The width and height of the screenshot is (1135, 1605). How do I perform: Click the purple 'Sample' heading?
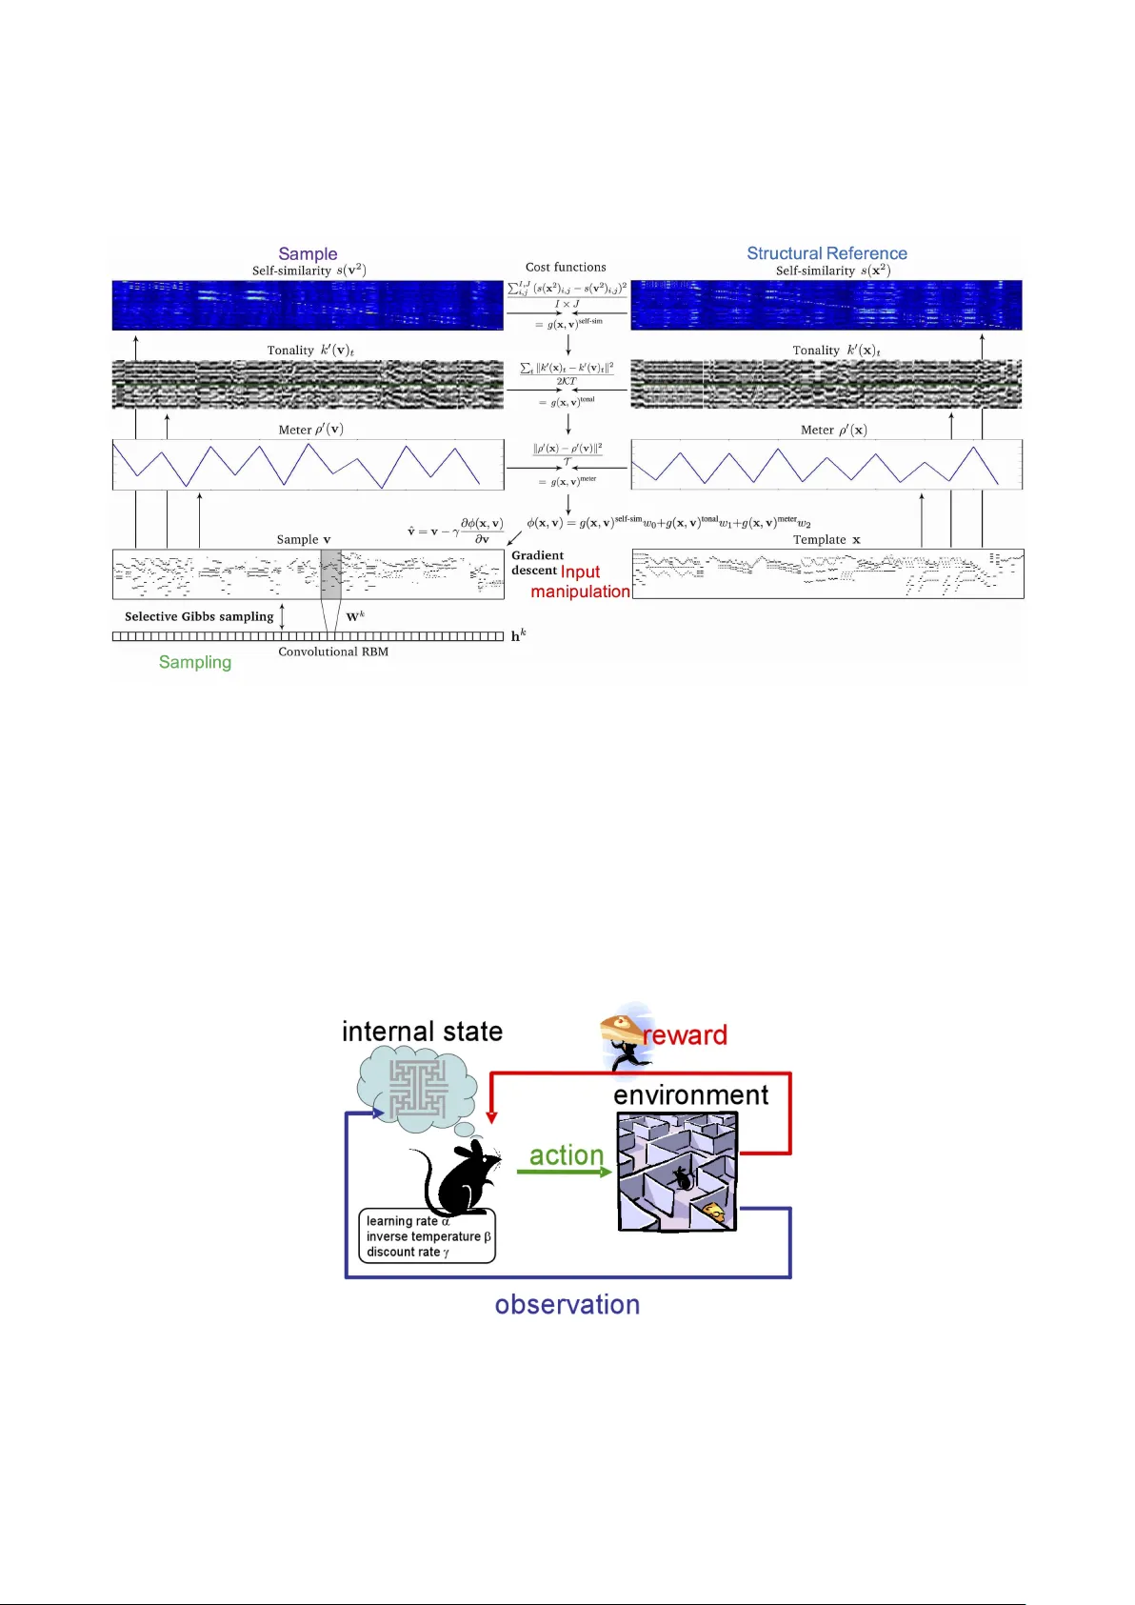[x=308, y=253]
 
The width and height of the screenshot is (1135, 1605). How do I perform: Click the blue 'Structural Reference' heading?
[x=826, y=253]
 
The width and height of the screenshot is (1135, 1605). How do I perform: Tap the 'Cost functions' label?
[x=566, y=268]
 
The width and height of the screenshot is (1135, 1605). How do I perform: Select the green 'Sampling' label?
[x=195, y=662]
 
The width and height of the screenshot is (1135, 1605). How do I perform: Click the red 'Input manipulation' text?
[x=580, y=582]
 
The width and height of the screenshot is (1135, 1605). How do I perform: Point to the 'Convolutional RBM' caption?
[x=333, y=652]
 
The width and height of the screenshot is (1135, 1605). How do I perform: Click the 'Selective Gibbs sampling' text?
[x=199, y=616]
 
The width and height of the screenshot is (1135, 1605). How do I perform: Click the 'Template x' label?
[x=826, y=539]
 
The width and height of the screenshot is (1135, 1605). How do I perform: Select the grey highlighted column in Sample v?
[x=330, y=573]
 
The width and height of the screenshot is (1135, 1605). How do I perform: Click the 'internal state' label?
[x=422, y=1032]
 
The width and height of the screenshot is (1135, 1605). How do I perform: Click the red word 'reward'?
[x=686, y=1035]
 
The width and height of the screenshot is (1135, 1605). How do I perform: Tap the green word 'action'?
[x=567, y=1155]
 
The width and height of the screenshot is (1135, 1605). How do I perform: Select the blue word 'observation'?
[x=567, y=1305]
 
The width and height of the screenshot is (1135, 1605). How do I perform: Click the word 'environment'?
[x=690, y=1095]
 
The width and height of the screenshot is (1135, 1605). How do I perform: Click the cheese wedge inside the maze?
[x=713, y=1212]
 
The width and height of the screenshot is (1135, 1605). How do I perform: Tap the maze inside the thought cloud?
[x=418, y=1090]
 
